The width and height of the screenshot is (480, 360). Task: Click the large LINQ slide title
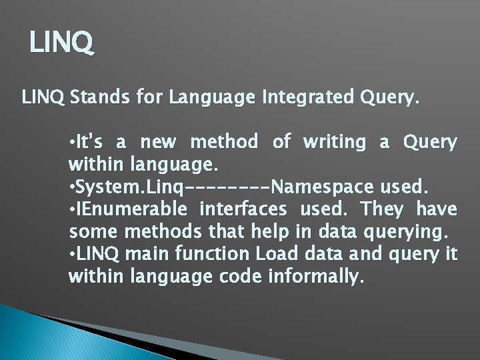tap(63, 44)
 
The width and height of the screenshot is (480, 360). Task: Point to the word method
tap(224, 142)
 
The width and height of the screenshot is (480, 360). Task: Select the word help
tap(272, 231)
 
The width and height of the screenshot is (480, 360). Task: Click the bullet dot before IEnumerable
tap(72, 209)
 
